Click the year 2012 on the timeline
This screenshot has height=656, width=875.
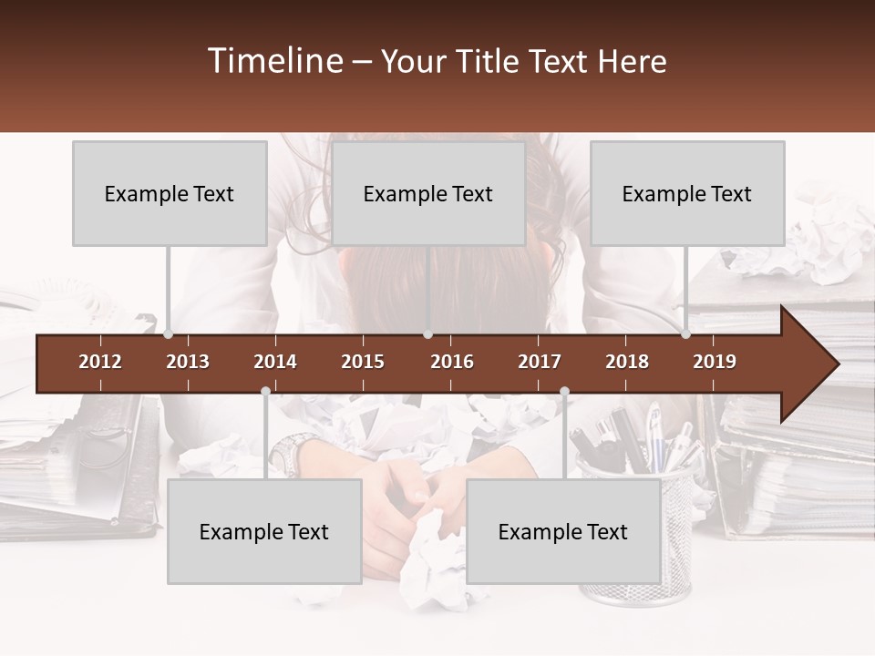(100, 362)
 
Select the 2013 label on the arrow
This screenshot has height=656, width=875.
(188, 362)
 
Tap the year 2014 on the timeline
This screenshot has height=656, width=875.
(275, 362)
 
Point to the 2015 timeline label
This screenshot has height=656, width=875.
(363, 362)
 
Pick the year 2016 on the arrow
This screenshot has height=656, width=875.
(452, 362)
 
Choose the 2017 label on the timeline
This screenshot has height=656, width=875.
(540, 362)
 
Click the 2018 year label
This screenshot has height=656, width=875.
(627, 362)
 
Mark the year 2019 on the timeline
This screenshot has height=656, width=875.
(715, 362)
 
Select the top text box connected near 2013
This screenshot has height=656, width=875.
(170, 193)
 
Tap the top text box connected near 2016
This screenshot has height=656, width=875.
(428, 193)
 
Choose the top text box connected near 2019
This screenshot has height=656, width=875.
(687, 193)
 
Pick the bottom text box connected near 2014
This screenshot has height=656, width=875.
(264, 531)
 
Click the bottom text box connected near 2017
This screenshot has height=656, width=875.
(563, 531)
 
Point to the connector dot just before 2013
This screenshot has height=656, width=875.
(168, 334)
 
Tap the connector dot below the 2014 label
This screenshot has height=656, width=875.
(265, 392)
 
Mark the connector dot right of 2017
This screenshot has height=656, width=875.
(564, 392)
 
